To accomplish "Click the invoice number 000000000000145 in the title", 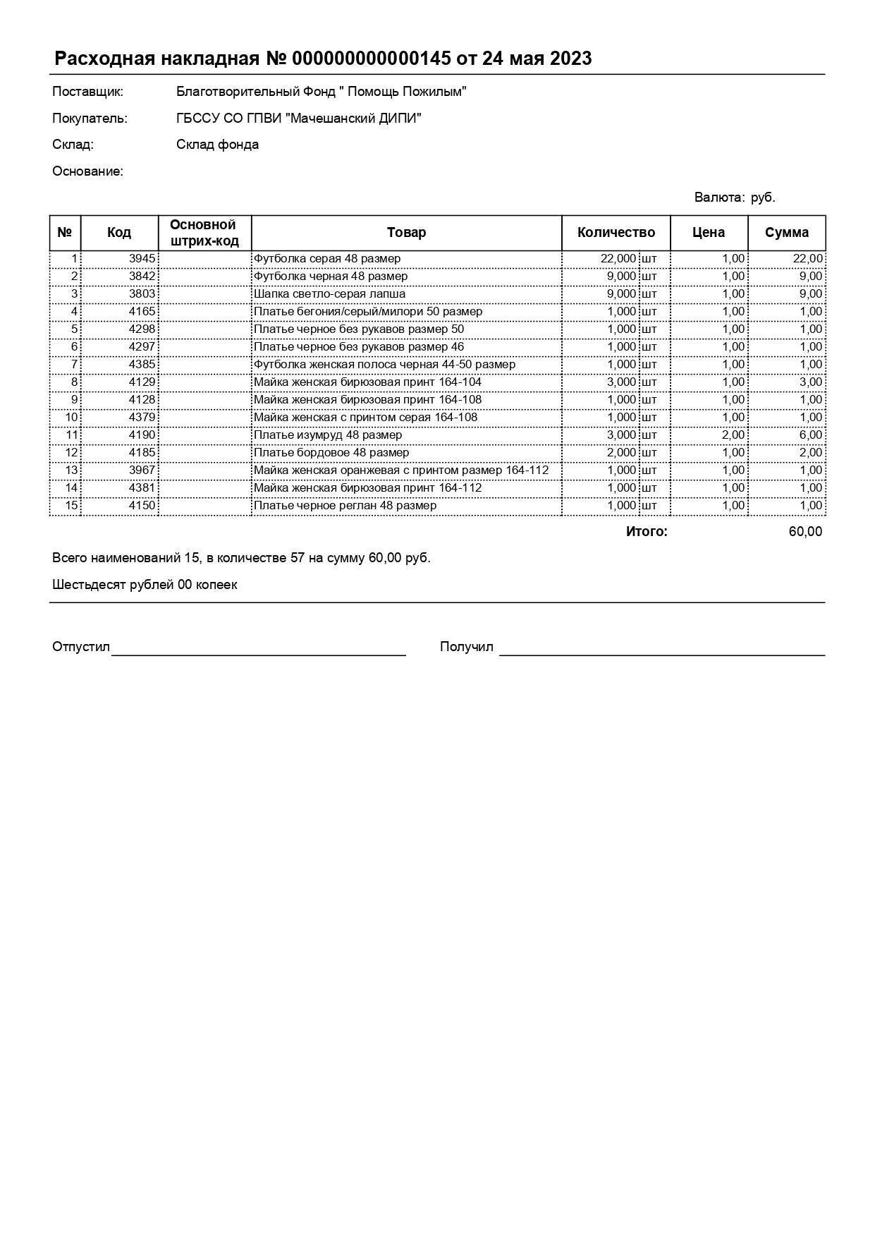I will [371, 59].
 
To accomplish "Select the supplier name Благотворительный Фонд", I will [321, 92].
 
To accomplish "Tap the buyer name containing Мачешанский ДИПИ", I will [298, 119].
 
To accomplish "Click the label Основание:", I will [87, 171].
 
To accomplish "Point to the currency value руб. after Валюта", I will [763, 198].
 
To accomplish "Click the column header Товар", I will [406, 233].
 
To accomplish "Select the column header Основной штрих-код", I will [204, 233].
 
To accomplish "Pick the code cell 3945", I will [142, 259].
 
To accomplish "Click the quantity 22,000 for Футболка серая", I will [618, 259].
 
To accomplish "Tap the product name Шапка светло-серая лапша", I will [329, 294].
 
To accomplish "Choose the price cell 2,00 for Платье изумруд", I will [733, 435].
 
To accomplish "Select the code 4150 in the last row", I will [142, 506].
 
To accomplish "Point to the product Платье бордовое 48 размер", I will [331, 453].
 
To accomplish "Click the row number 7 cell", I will [73, 365].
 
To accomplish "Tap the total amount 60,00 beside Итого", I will [804, 532].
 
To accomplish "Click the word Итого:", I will [646, 532].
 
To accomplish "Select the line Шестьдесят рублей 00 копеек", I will [145, 585].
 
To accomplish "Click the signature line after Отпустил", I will [258, 653].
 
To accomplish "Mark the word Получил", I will [466, 647].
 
